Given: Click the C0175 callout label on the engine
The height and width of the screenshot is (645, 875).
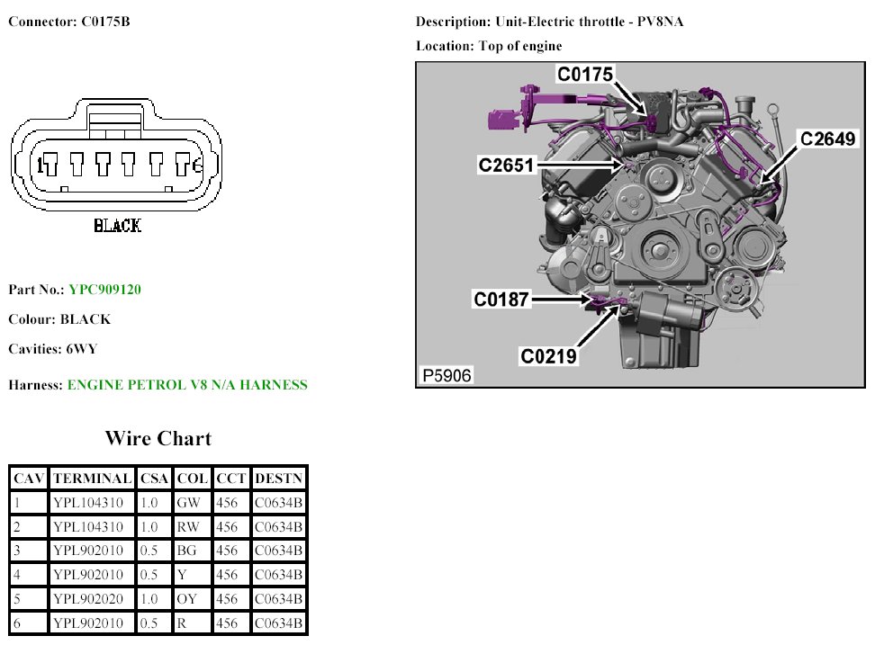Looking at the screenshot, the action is pyautogui.click(x=585, y=74).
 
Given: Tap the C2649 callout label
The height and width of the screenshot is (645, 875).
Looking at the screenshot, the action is pyautogui.click(x=827, y=139).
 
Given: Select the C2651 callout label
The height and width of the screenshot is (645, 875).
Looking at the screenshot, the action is pyautogui.click(x=506, y=165).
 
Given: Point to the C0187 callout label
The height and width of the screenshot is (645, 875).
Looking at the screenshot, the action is pyautogui.click(x=501, y=300).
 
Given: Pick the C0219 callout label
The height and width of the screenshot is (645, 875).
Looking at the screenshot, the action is pyautogui.click(x=548, y=356).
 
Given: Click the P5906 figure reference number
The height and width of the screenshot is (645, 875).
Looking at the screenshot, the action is pyautogui.click(x=447, y=375).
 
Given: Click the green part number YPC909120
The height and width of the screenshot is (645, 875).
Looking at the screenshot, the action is pyautogui.click(x=105, y=290).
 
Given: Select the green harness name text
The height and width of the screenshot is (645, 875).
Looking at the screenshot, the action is pyautogui.click(x=187, y=385).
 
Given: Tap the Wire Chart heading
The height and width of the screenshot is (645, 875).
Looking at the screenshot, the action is pyautogui.click(x=158, y=438).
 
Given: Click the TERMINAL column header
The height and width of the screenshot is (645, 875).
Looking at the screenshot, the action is pyautogui.click(x=92, y=479).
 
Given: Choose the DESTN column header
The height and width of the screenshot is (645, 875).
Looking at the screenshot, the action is pyautogui.click(x=278, y=479).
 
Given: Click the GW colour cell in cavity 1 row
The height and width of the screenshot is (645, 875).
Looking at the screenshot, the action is pyautogui.click(x=188, y=503).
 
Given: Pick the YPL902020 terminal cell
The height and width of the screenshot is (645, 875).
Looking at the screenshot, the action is pyautogui.click(x=88, y=599).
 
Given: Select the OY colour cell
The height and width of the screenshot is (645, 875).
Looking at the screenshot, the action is pyautogui.click(x=187, y=599).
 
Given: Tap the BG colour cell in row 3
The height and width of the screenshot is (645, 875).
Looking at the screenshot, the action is pyautogui.click(x=186, y=551).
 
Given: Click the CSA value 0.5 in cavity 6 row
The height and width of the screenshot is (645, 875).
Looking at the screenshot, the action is pyautogui.click(x=149, y=623).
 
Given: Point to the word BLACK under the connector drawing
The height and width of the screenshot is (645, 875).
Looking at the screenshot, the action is pyautogui.click(x=118, y=226).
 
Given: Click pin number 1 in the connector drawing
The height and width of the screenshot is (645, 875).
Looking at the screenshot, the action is pyautogui.click(x=40, y=165).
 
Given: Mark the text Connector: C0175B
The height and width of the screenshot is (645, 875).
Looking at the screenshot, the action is pyautogui.click(x=69, y=22).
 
